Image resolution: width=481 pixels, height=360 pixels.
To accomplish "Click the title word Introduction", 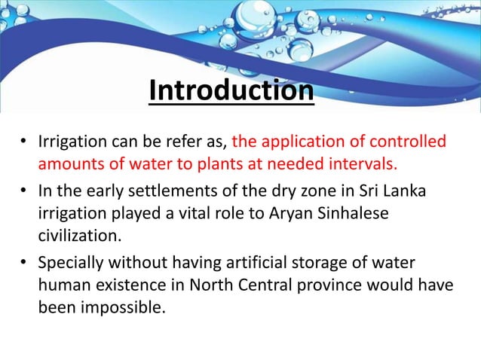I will [231, 91].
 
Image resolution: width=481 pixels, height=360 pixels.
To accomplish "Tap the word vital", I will [185, 213].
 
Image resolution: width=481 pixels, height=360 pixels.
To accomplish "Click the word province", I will [323, 285].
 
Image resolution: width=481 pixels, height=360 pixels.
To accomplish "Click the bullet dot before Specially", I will [24, 263].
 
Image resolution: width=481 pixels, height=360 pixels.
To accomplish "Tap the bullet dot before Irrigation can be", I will [24, 142].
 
